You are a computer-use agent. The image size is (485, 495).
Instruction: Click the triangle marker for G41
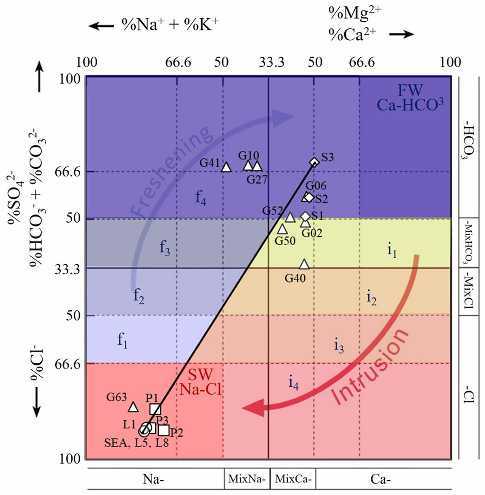coord(226,167)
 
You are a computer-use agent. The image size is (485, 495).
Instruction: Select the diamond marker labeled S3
coord(314,162)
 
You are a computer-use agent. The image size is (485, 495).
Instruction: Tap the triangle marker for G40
coord(304,265)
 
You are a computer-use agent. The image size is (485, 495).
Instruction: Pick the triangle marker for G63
coord(133,407)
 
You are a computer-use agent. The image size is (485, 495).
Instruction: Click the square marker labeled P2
coord(164,430)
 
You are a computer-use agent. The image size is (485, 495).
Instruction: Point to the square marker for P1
coord(155,409)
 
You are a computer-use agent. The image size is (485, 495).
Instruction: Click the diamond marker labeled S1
coord(305,216)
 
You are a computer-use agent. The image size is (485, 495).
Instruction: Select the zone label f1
coord(122,340)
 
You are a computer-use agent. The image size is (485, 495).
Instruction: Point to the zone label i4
coord(293,383)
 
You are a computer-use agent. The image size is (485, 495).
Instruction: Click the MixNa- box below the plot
coord(247,479)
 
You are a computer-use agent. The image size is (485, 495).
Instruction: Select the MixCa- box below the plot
coord(293,479)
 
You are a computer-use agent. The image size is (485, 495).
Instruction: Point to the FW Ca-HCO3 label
coord(410,98)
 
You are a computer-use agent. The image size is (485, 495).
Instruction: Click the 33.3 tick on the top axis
coord(272,62)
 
